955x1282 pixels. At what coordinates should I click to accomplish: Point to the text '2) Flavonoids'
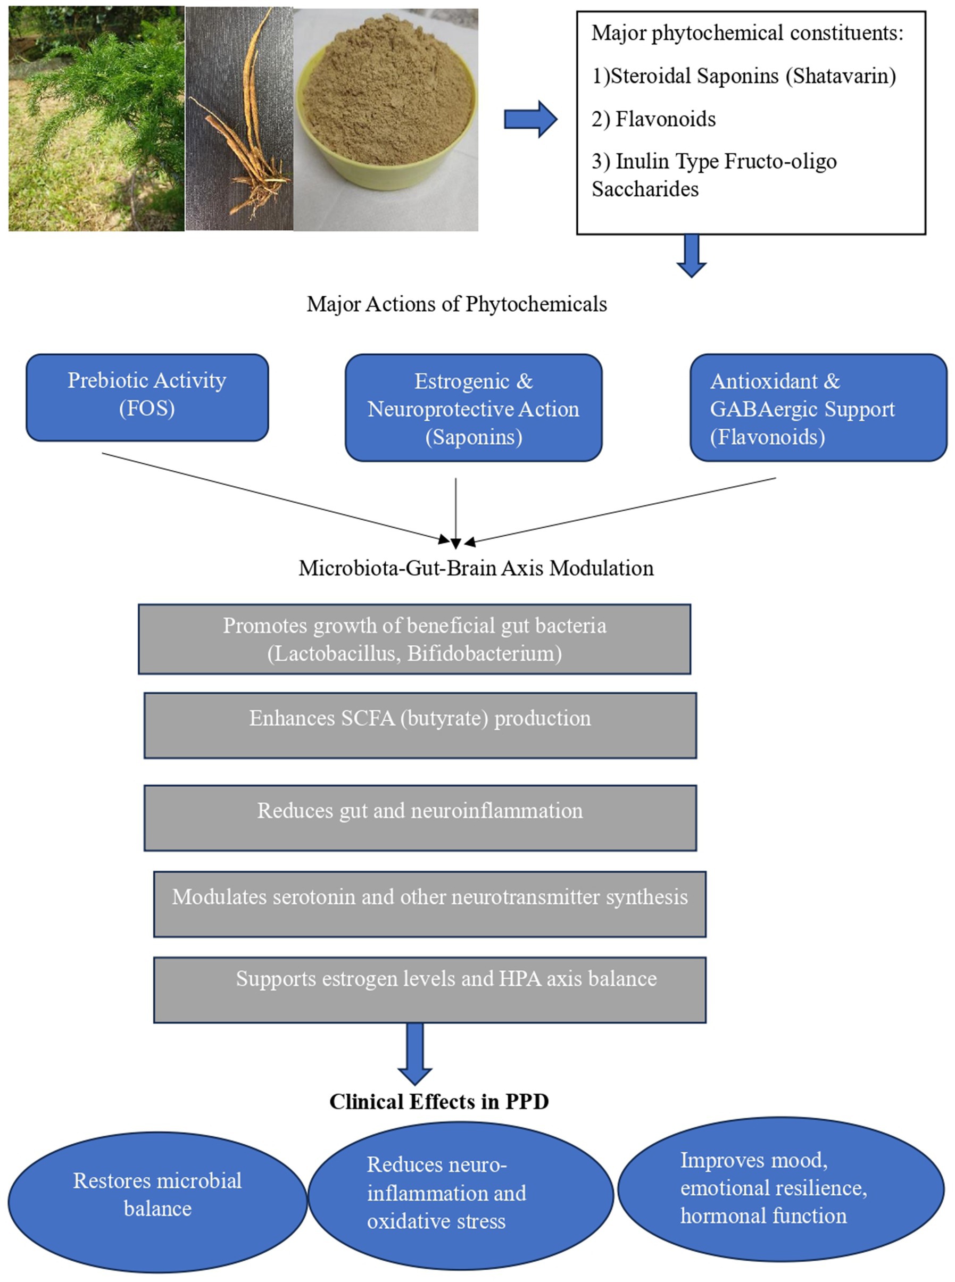tap(653, 119)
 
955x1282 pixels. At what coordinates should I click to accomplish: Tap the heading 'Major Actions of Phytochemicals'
tap(456, 304)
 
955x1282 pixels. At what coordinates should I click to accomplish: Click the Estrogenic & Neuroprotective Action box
tap(474, 408)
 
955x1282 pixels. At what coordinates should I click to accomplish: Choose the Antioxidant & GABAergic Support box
tap(818, 408)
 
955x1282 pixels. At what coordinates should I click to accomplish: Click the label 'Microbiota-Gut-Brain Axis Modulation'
tap(476, 568)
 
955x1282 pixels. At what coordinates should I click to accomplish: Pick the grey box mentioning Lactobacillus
tap(414, 639)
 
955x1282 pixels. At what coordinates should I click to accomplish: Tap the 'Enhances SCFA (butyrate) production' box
tap(420, 725)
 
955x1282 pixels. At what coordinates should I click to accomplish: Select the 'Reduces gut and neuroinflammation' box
tap(420, 817)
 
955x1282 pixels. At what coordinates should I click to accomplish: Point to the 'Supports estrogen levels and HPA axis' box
tap(429, 989)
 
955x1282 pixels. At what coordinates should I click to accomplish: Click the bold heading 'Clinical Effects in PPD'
tap(439, 1102)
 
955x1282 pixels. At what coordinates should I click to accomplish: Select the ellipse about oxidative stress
tap(460, 1193)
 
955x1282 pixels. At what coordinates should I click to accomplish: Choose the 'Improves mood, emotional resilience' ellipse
tap(780, 1187)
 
